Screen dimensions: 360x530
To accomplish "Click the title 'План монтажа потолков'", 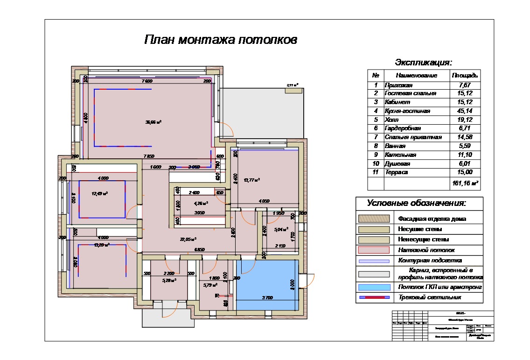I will (220, 40).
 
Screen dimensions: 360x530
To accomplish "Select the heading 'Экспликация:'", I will (423, 63).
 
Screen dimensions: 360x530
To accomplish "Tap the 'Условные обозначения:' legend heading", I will (416, 203).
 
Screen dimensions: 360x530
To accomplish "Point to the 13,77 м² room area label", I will (252, 179).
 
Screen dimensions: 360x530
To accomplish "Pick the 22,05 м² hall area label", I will (188, 239).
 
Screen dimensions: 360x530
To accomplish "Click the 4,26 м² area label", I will (200, 203).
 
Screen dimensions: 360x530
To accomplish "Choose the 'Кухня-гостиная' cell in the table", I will (407, 111).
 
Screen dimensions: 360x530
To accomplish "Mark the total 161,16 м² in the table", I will (465, 184).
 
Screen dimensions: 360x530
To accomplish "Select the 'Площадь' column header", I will (465, 75).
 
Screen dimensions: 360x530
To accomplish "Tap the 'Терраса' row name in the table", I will (396, 172).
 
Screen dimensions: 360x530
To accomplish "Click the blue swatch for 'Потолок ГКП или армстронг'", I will (373, 287).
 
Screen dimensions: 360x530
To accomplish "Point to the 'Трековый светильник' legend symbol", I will (373, 297).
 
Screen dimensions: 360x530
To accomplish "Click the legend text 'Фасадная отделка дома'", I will (432, 219).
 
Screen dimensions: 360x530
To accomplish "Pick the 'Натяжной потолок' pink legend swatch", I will (373, 251).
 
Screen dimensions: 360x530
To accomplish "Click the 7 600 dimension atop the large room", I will (146, 81).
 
